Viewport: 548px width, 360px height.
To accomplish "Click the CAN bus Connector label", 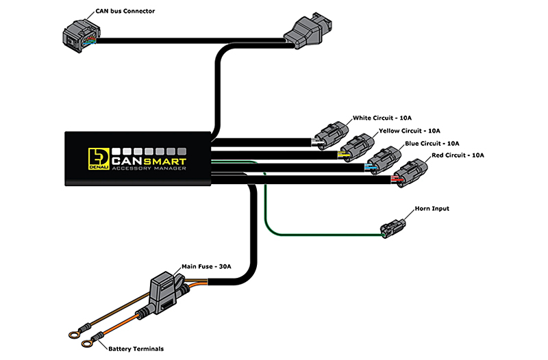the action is click(x=125, y=11).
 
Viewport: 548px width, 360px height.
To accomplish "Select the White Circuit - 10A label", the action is click(x=382, y=118).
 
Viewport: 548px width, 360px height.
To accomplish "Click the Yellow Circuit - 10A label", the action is click(x=410, y=131).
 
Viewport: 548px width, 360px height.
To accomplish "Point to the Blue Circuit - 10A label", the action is click(x=432, y=144).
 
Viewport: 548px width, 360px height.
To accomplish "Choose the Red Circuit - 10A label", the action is click(x=458, y=155).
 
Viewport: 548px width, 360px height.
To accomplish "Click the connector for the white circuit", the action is click(x=331, y=136).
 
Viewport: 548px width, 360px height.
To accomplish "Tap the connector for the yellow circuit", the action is click(x=356, y=147).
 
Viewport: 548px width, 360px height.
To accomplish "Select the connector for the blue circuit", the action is click(x=384, y=160).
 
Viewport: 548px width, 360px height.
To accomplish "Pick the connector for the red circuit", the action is click(x=410, y=173).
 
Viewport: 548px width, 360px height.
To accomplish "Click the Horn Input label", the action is click(x=432, y=209).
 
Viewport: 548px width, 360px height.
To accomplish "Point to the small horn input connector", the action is click(x=393, y=228).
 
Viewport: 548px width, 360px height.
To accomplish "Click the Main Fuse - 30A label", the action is click(x=206, y=267).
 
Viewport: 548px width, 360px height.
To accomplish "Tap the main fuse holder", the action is click(x=166, y=293).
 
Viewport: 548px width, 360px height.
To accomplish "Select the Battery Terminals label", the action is click(x=136, y=349).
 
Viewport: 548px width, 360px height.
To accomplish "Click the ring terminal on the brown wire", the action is click(x=74, y=335).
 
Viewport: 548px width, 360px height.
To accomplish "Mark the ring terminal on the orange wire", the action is click(x=87, y=344).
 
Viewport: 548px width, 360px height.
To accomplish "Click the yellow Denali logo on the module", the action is click(x=99, y=159).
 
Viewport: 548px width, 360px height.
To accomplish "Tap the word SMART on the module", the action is click(x=164, y=162).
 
